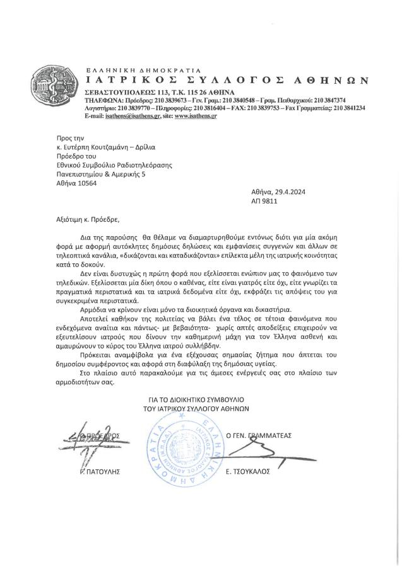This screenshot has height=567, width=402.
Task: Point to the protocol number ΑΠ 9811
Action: tap(266, 203)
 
